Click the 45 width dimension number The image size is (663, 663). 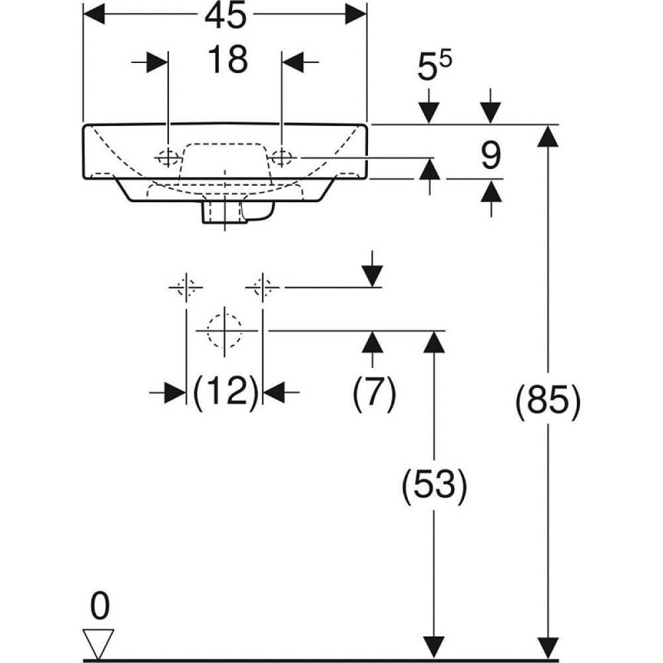coord(224,16)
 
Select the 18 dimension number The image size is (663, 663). coord(227,60)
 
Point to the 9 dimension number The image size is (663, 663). coord(491,156)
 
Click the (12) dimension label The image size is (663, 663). coord(225,392)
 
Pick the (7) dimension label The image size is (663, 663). coord(373,392)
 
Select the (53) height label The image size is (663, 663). coord(434,487)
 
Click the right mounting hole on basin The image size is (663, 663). coord(282,157)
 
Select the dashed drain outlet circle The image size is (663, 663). coord(225,330)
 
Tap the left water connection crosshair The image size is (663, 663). coord(186,288)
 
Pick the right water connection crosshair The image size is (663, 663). coord(263,288)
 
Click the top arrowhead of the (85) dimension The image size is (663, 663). coord(548,136)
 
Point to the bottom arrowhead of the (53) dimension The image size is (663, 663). coord(434,647)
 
